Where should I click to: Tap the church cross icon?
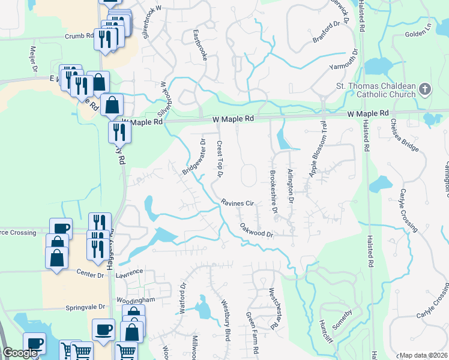(x=425, y=90)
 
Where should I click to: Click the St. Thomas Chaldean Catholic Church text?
(x=375, y=90)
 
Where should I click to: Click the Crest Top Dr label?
(x=220, y=160)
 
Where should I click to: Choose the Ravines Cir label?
(x=238, y=203)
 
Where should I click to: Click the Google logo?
(x=20, y=353)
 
